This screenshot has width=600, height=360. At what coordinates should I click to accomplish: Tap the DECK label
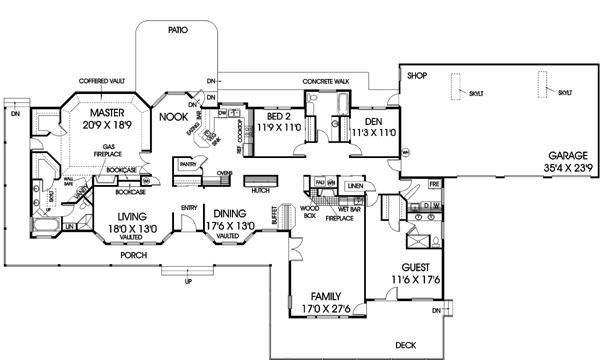(x=405, y=344)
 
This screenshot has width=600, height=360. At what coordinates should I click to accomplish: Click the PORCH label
(x=133, y=254)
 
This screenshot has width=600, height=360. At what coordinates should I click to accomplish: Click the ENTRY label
(x=189, y=207)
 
